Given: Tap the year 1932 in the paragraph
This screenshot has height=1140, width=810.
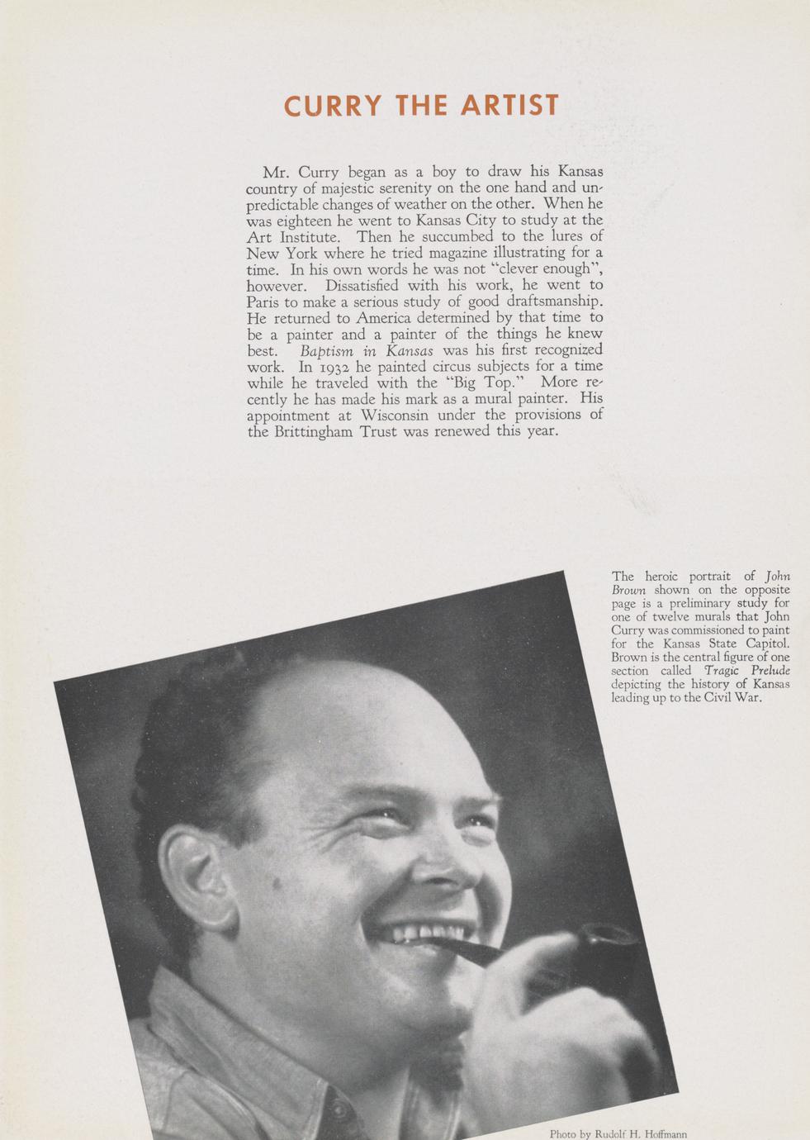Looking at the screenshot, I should pos(332,366).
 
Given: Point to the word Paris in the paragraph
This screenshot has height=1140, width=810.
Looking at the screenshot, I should pos(265,302).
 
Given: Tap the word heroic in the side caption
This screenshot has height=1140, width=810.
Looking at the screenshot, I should pos(663,577).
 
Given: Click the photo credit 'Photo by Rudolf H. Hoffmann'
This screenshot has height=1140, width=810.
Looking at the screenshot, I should pos(618,1133).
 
